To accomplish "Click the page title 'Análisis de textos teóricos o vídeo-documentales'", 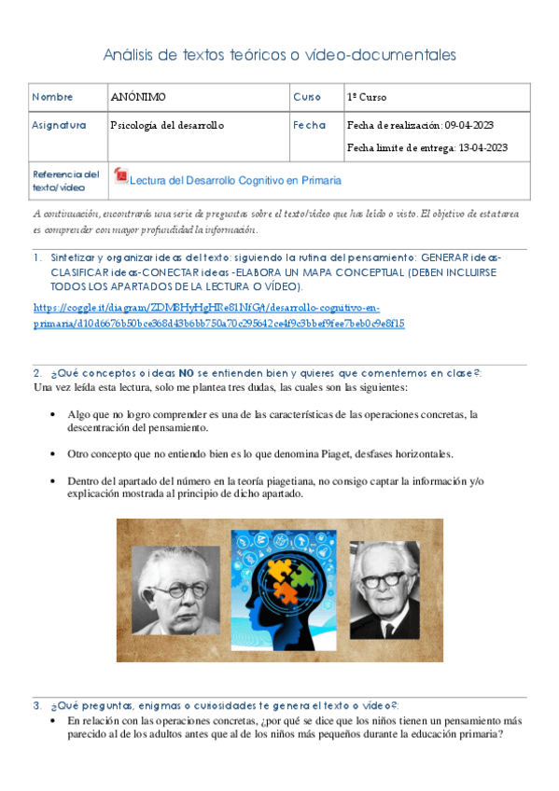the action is (x=279, y=55).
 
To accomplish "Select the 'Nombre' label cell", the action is (x=52, y=97).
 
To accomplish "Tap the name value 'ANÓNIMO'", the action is (x=138, y=97).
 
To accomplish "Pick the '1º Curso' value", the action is (x=367, y=97).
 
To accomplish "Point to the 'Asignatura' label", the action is (x=59, y=125).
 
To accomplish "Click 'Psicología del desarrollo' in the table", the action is (x=167, y=125).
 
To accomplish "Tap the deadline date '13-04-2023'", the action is (x=482, y=147).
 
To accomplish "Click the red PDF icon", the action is (x=119, y=176).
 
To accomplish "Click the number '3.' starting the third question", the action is (x=36, y=705).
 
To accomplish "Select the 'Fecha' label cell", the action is (x=309, y=125).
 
